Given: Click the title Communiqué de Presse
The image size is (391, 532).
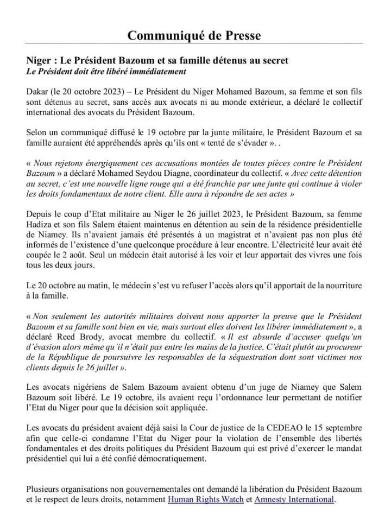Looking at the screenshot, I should (194, 36).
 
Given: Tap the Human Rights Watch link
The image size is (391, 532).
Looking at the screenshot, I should (205, 499).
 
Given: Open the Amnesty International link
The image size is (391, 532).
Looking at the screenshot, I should (293, 499).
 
